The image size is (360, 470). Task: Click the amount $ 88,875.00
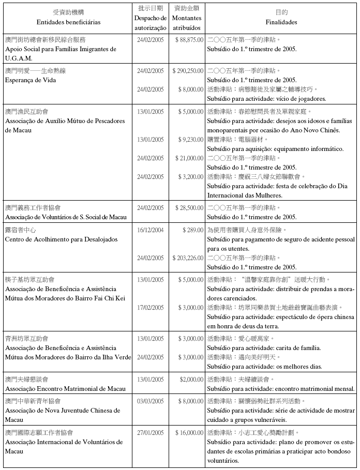tap(189, 39)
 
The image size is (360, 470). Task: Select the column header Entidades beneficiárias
tap(69, 23)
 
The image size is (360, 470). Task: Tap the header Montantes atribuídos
tap(187, 22)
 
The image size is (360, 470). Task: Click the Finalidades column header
tap(281, 23)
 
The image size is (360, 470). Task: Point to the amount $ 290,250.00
tap(188, 70)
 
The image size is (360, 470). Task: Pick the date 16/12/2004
tap(151, 230)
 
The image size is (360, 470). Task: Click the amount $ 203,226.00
tap(188, 257)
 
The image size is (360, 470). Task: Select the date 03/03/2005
tap(151, 401)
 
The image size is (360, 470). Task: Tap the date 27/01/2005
tap(151, 432)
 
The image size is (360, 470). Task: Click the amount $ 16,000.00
tap(189, 432)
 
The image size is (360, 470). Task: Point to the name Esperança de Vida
tap(31, 80)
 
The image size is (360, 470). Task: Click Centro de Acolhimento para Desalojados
tap(61, 239)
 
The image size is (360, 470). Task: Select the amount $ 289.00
tap(194, 230)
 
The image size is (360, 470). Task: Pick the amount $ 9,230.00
tap(191, 140)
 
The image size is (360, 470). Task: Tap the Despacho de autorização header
tap(151, 23)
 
